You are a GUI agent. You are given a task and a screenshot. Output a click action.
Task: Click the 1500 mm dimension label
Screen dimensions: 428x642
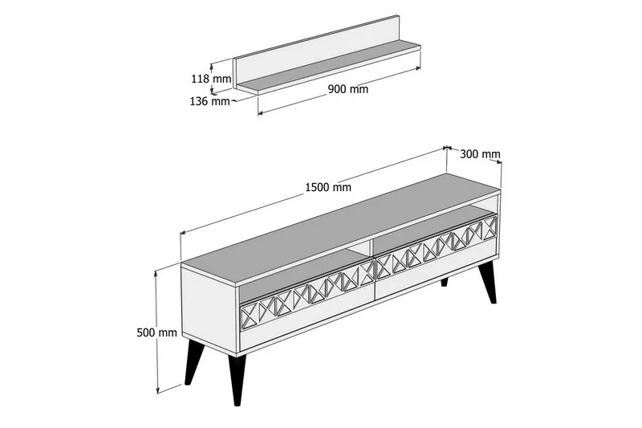327,188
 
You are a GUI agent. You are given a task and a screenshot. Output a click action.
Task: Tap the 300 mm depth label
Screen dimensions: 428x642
481,154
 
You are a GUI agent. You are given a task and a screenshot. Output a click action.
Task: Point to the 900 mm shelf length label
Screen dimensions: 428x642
348,89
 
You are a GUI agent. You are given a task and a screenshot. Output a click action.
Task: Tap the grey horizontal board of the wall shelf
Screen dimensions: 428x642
337,73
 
